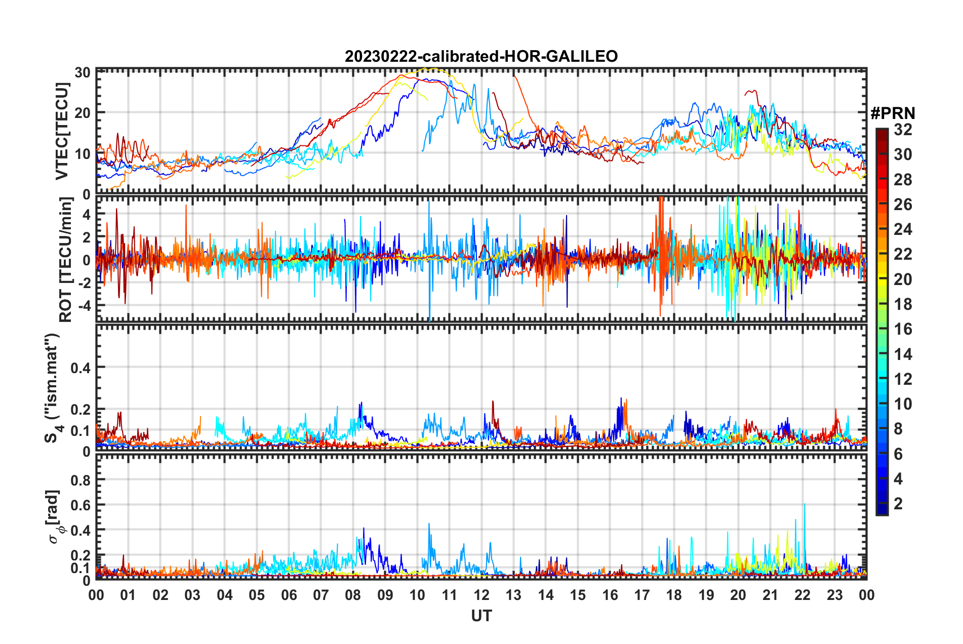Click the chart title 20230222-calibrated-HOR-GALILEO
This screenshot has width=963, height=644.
coord(481,56)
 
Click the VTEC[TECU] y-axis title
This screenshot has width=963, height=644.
coord(62,131)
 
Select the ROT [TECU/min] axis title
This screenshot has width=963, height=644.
coord(66,260)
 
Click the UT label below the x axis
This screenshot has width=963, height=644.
coord(481,616)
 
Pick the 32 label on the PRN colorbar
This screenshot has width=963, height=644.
coord(903,130)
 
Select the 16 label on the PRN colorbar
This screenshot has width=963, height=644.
coord(903,329)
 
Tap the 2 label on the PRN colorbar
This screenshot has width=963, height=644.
coord(898,504)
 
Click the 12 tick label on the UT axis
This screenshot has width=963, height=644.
coord(481,595)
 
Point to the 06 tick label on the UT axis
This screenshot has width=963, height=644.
coord(289,595)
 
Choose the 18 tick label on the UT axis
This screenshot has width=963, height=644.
coord(674,595)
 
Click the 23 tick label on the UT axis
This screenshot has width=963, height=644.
coord(834,595)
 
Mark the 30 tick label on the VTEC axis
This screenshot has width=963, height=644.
coord(83,72)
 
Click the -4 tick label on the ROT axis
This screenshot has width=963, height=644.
coord(83,306)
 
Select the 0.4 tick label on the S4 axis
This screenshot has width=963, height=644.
coord(81,368)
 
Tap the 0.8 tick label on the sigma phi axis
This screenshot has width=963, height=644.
coord(81,479)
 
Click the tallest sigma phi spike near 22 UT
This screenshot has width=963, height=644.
coord(804,504)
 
